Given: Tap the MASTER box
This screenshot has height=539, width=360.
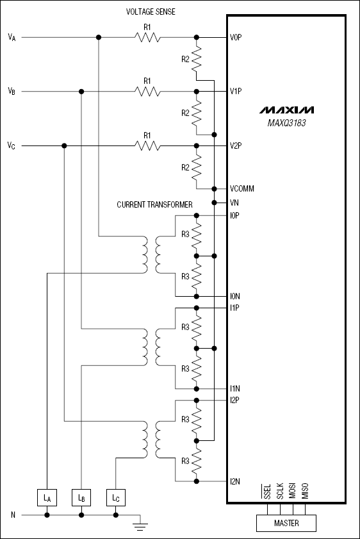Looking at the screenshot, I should click(x=286, y=523).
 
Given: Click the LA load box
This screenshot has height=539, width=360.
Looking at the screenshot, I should click(x=47, y=497).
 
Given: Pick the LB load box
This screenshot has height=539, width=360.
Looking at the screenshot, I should click(x=81, y=497).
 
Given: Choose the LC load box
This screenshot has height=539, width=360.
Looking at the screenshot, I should click(x=115, y=497).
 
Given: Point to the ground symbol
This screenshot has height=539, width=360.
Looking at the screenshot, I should click(x=140, y=526).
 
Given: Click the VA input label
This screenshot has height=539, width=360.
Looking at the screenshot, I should click(x=12, y=37).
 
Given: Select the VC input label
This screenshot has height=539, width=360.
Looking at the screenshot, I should click(x=12, y=146).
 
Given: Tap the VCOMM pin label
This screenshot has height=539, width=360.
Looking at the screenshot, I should click(x=242, y=189).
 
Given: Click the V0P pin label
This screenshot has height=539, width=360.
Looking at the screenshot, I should click(x=236, y=37).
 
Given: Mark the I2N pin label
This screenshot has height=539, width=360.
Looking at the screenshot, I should click(x=235, y=481).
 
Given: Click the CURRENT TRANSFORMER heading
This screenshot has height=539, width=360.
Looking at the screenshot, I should click(x=154, y=204).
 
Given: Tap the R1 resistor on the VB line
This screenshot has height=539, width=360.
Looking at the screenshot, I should click(x=147, y=92).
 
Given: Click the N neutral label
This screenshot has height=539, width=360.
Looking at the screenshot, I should click(x=13, y=515).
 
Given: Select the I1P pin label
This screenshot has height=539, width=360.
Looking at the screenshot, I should click(x=234, y=308).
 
